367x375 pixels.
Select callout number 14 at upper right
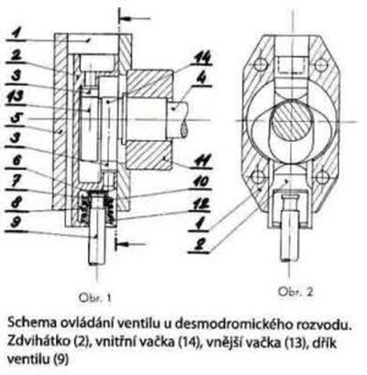pos(201,58)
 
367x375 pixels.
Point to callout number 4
pos(201,79)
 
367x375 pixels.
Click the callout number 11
pos(202,160)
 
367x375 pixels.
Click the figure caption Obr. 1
pos(95,297)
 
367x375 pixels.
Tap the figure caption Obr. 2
pos(295,292)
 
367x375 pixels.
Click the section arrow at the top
pos(135,18)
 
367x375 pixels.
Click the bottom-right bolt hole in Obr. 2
pos(321,176)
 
